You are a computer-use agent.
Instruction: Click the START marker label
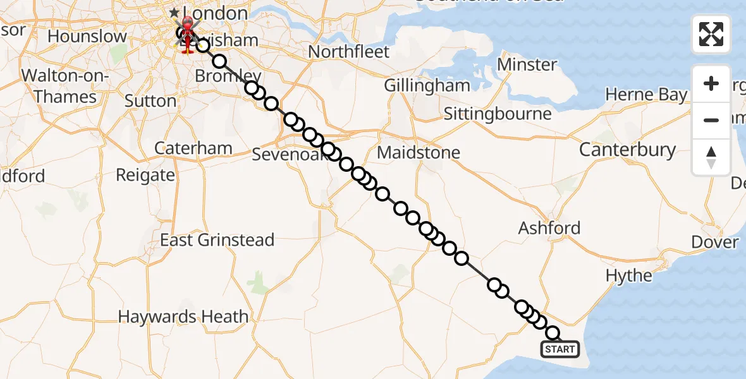tap(559, 349)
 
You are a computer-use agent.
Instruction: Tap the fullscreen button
tap(711, 34)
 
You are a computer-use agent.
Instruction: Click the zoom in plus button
tap(711, 83)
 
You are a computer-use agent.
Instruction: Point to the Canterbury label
tap(627, 150)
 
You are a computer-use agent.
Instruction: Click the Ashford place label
tap(549, 228)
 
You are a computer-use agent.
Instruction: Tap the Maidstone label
tap(419, 153)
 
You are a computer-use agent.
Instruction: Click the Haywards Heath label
tap(183, 316)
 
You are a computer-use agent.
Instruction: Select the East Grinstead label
tap(217, 240)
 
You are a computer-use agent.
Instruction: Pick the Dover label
tap(715, 243)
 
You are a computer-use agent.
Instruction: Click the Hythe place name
tap(628, 275)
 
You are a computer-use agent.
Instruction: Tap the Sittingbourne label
tap(497, 114)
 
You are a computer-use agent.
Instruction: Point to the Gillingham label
tap(427, 86)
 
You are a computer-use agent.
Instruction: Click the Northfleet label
tap(348, 52)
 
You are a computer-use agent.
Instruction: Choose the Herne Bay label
tap(646, 95)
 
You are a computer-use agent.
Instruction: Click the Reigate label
tap(145, 175)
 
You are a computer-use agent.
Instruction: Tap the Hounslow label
tap(87, 37)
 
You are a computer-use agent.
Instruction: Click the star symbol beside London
tap(174, 13)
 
